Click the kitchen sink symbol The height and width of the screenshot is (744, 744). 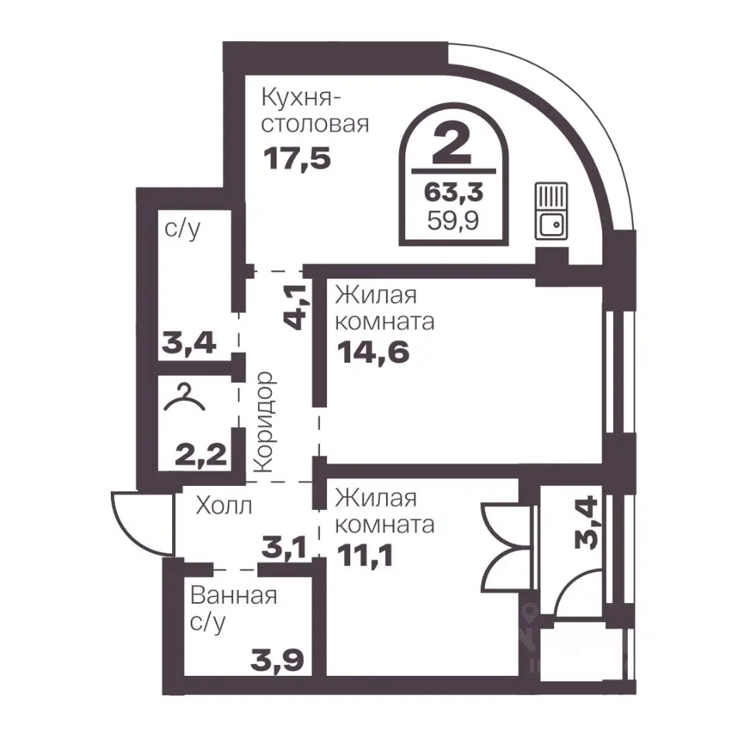point(551,211)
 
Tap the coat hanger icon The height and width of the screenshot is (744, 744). point(184,398)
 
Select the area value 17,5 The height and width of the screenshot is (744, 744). point(297,158)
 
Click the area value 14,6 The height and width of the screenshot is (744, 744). point(373,352)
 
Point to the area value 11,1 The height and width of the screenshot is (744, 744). point(365,556)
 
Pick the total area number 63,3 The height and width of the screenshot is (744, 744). point(453,193)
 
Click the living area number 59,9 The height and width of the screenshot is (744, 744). point(453,221)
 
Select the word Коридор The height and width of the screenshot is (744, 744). point(263,422)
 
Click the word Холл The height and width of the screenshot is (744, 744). point(224,506)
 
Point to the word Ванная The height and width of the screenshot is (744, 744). point(233,596)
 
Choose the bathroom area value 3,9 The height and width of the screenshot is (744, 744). point(277,661)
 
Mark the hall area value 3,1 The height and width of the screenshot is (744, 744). point(284,548)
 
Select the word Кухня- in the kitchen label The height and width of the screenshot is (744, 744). point(301,98)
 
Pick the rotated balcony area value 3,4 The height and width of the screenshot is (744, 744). point(587,522)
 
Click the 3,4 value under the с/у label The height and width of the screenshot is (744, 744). point(189,343)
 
